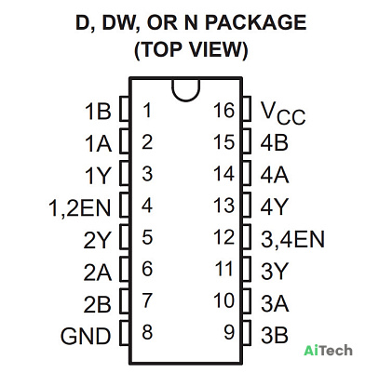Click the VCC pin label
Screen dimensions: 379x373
pos(283,113)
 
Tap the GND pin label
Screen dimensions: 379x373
pos(86,336)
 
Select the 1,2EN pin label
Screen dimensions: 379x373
pos(80,207)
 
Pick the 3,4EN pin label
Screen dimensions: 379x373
pos(292,239)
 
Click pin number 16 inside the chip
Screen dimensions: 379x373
pos(223,111)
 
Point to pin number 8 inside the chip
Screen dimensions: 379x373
pos(147,332)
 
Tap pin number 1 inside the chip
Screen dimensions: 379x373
pos(147,111)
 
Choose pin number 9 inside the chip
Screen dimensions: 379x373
pos(229,332)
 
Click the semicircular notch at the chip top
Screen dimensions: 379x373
pos(186,96)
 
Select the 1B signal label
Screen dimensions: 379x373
pos(98,111)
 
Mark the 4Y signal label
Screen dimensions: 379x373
pos(275,206)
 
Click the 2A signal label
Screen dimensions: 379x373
pos(97,272)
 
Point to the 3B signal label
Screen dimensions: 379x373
pos(275,335)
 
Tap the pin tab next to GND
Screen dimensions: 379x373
pos(125,332)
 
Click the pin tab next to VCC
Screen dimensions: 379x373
pos(246,108)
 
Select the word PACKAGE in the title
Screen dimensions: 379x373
pos(255,22)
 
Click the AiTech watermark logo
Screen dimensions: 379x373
pos(328,351)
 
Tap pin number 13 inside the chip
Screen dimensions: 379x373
pos(223,206)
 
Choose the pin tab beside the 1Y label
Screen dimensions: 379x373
pos(125,173)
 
